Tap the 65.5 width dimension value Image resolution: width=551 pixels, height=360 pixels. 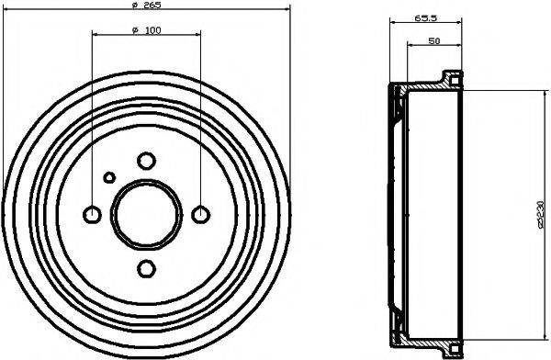tap(424, 16)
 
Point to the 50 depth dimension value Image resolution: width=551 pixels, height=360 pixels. tap(432, 41)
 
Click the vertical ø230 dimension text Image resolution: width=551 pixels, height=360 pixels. tap(539, 213)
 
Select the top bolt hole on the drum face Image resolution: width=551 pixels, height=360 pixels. tap(146, 161)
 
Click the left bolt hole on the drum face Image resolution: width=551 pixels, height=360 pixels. tap(92, 215)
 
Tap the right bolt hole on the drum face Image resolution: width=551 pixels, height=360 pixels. tap(200, 215)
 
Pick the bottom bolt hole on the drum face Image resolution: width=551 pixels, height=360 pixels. tap(146, 268)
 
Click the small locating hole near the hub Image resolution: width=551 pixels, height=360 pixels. tap(109, 177)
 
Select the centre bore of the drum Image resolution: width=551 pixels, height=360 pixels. tap(146, 214)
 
